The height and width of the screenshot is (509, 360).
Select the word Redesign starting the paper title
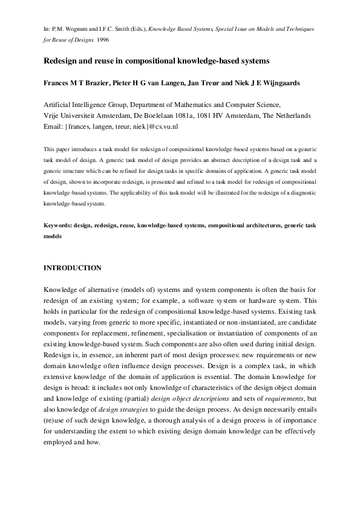62,61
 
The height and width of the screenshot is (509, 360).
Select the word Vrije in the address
53,115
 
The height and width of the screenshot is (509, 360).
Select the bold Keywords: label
58,224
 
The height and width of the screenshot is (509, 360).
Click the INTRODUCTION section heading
73,267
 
